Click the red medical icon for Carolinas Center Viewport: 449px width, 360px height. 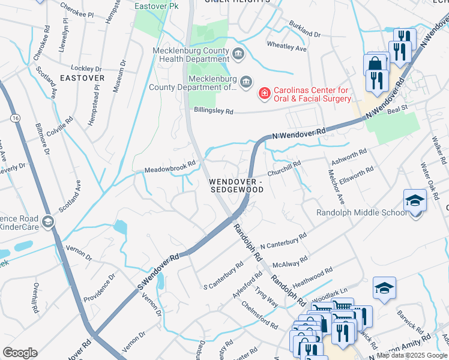[264, 93]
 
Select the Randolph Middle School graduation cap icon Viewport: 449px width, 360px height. [415, 200]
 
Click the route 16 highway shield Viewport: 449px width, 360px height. [14, 119]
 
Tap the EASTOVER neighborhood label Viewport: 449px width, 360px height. [82, 78]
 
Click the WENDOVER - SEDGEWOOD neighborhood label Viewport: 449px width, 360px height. [236, 185]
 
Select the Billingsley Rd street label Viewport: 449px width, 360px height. [212, 110]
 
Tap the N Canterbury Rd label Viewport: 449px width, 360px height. [283, 242]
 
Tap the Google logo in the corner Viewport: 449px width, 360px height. [20, 352]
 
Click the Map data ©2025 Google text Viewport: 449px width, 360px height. [411, 355]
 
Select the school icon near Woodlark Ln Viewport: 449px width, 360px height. [384, 289]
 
